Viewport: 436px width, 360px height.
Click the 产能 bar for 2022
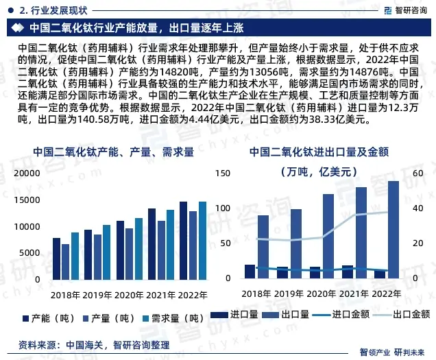coord(184,240)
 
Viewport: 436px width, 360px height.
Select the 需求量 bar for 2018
coord(75,255)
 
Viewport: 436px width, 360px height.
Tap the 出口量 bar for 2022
coord(393,229)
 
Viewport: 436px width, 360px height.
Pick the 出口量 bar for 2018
coord(263,247)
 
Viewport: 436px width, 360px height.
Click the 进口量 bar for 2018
coord(250,272)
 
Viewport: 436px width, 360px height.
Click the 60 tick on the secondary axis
coord(417,174)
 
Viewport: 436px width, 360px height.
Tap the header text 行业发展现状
coord(55,10)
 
